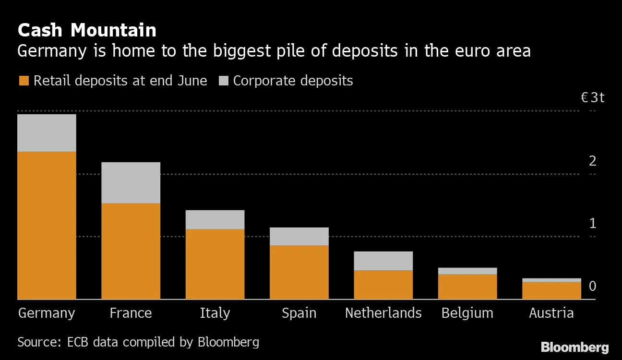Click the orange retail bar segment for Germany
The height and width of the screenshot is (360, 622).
47,225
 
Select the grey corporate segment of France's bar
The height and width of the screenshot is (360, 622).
131,182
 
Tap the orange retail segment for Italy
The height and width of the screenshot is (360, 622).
215,264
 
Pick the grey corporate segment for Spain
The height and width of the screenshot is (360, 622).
299,236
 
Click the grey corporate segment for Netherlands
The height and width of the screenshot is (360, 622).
383,261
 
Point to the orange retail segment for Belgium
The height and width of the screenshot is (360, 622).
467,287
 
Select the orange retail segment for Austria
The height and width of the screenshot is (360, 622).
551,290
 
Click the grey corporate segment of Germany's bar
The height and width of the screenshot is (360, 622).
47,133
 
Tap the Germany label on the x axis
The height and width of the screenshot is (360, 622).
47,313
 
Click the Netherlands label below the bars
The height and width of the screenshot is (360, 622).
383,313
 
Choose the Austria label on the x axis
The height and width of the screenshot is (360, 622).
551,313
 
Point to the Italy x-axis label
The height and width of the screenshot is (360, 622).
215,313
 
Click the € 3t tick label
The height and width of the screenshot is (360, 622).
592,98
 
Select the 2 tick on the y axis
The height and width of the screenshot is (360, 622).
593,161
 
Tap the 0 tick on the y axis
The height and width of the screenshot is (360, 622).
593,287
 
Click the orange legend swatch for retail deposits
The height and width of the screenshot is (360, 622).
24,81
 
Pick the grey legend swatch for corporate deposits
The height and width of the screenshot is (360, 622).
223,81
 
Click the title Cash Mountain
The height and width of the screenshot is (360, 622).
87,30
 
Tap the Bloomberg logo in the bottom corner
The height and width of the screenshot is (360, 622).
574,347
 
